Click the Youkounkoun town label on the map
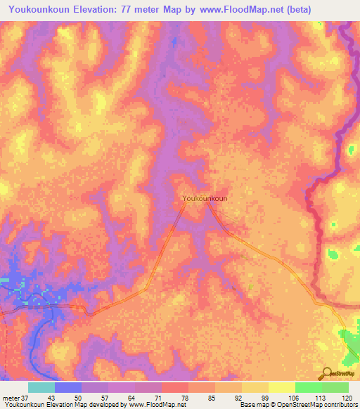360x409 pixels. (x=205, y=199)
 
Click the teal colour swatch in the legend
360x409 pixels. (x=41, y=387)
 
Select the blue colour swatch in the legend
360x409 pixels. (x=68, y=387)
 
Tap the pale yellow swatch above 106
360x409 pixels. (x=281, y=387)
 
